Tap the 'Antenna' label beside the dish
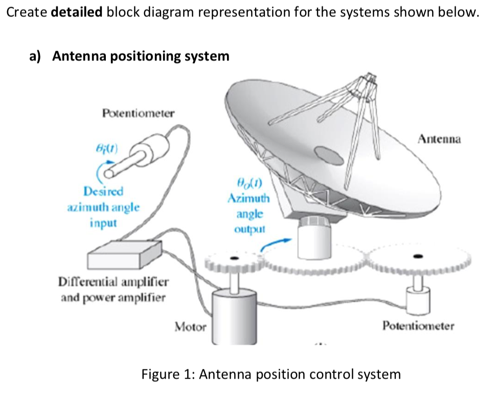click(439, 139)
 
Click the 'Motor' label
click(190, 326)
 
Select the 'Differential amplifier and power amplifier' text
click(113, 290)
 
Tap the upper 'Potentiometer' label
click(138, 112)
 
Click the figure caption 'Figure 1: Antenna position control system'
click(271, 374)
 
